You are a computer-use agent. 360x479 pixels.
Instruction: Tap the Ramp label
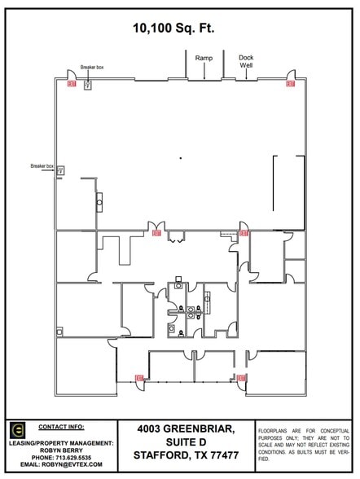pos(204,59)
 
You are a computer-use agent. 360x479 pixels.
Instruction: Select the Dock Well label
pos(246,62)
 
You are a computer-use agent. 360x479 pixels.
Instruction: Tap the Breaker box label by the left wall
pos(42,165)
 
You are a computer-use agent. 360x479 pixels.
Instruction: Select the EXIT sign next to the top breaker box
pos(72,83)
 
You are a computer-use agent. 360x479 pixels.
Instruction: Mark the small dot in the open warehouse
pos(180,156)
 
